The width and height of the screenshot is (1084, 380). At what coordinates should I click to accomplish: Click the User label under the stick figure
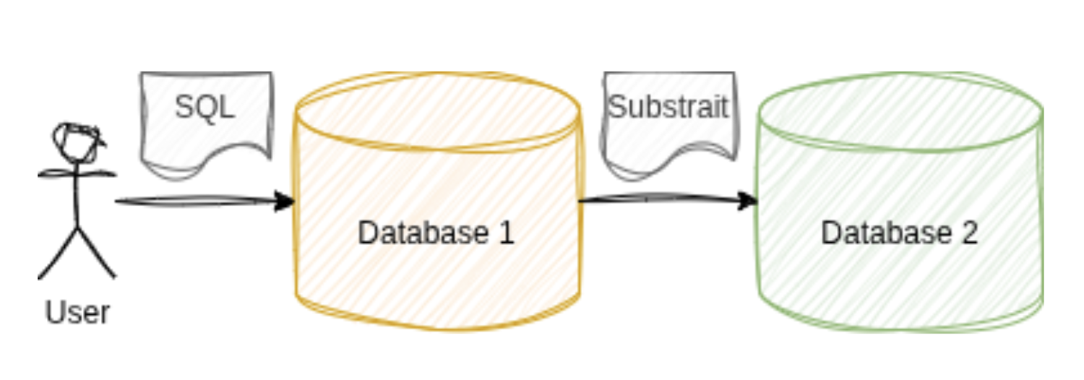pyautogui.click(x=77, y=313)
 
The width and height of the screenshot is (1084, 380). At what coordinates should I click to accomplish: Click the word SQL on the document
pyautogui.click(x=205, y=108)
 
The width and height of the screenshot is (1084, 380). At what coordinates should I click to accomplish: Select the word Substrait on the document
pyautogui.click(x=668, y=108)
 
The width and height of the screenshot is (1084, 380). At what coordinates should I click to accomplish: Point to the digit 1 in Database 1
pyautogui.click(x=505, y=233)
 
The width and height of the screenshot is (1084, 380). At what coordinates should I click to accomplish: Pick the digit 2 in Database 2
pyautogui.click(x=969, y=233)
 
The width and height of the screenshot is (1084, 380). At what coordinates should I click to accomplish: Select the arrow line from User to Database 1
pyautogui.click(x=195, y=202)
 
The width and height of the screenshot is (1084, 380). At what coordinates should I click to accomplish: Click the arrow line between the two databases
pyautogui.click(x=658, y=199)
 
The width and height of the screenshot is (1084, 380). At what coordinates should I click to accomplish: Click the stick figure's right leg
pyautogui.click(x=97, y=253)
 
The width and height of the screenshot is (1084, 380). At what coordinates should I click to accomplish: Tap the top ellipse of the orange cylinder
pyautogui.click(x=438, y=108)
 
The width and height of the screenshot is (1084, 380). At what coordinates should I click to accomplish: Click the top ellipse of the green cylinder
pyautogui.click(x=900, y=112)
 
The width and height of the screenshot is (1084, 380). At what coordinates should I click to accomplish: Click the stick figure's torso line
pyautogui.click(x=77, y=199)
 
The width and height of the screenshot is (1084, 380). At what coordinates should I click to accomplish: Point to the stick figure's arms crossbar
pyautogui.click(x=77, y=173)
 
